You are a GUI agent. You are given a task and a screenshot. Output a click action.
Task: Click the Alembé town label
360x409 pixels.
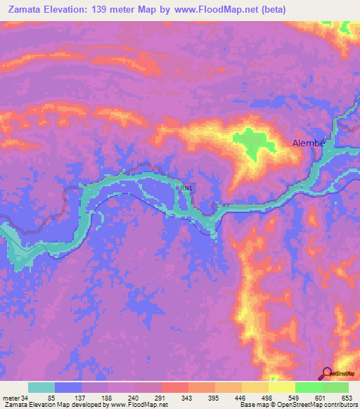click(x=309, y=143)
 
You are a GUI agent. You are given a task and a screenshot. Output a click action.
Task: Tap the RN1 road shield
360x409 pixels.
click(x=185, y=188)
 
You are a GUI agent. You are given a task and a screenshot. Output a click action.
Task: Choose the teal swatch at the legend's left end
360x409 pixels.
click(x=41, y=387)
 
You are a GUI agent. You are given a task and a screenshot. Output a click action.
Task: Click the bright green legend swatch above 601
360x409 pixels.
click(x=309, y=387)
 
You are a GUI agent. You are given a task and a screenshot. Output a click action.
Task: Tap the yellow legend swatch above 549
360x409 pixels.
click(x=282, y=387)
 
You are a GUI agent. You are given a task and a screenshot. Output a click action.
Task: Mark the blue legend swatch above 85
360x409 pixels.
click(x=68, y=387)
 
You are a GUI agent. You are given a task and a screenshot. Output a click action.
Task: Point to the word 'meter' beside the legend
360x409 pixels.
click(x=11, y=398)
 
